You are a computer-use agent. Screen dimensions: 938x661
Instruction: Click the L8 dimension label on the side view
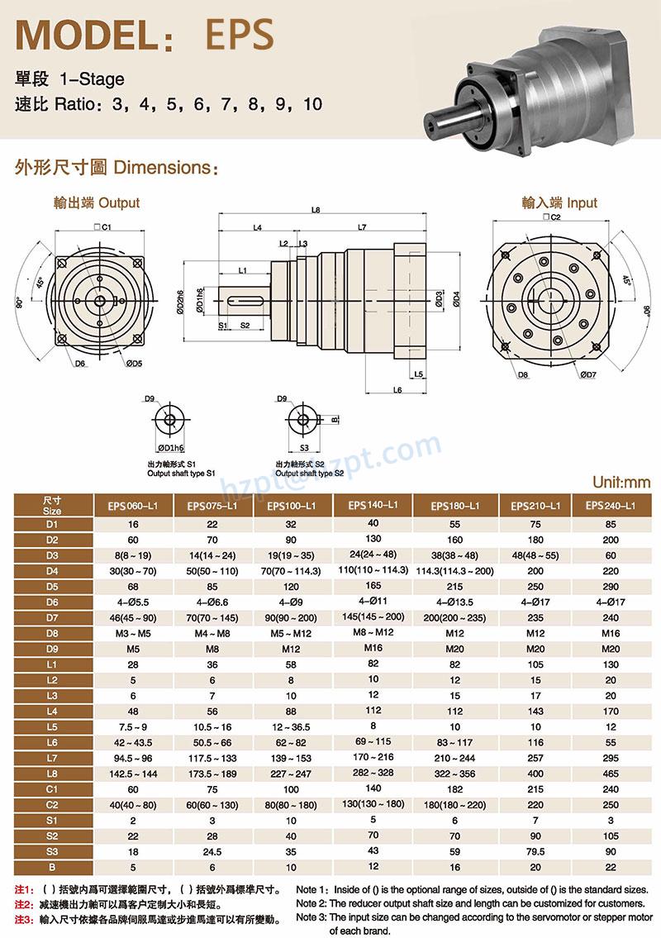[316, 211]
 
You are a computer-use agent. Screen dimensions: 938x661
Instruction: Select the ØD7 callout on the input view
[587, 375]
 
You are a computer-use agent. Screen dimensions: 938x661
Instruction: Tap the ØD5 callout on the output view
[135, 363]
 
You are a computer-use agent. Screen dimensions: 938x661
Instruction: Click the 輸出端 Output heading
[97, 202]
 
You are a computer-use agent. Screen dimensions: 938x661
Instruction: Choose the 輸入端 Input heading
[559, 202]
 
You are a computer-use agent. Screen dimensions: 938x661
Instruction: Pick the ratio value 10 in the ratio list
[312, 105]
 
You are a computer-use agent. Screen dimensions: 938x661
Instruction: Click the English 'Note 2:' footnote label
[311, 903]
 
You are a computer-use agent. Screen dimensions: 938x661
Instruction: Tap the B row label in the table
[53, 866]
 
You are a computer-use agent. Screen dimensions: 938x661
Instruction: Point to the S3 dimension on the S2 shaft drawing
[304, 447]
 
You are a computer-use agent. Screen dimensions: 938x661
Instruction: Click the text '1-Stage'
[92, 80]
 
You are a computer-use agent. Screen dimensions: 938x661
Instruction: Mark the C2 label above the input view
[552, 217]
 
